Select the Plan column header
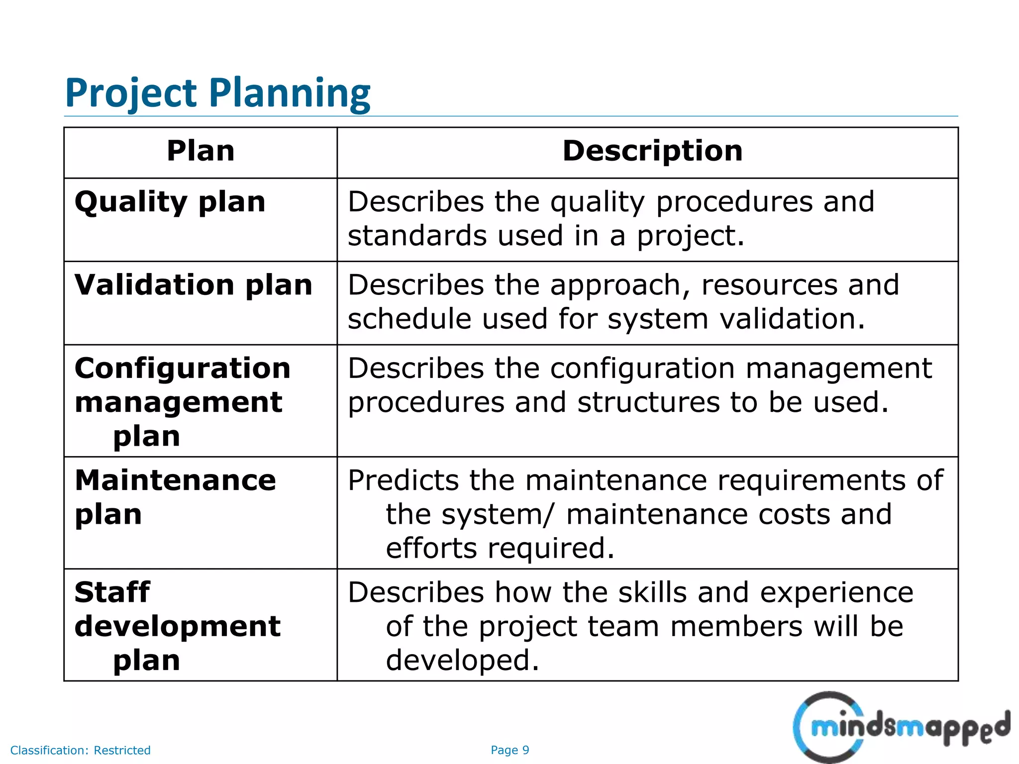click(x=201, y=151)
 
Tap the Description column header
click(x=652, y=151)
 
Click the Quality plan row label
click(x=170, y=202)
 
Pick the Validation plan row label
click(x=194, y=285)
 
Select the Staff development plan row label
click(x=177, y=626)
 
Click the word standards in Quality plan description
click(x=416, y=235)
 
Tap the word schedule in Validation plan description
click(x=409, y=318)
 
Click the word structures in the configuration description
click(x=648, y=402)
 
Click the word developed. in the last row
click(x=462, y=661)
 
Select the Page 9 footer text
click(x=509, y=750)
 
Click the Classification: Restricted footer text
click(x=80, y=750)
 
